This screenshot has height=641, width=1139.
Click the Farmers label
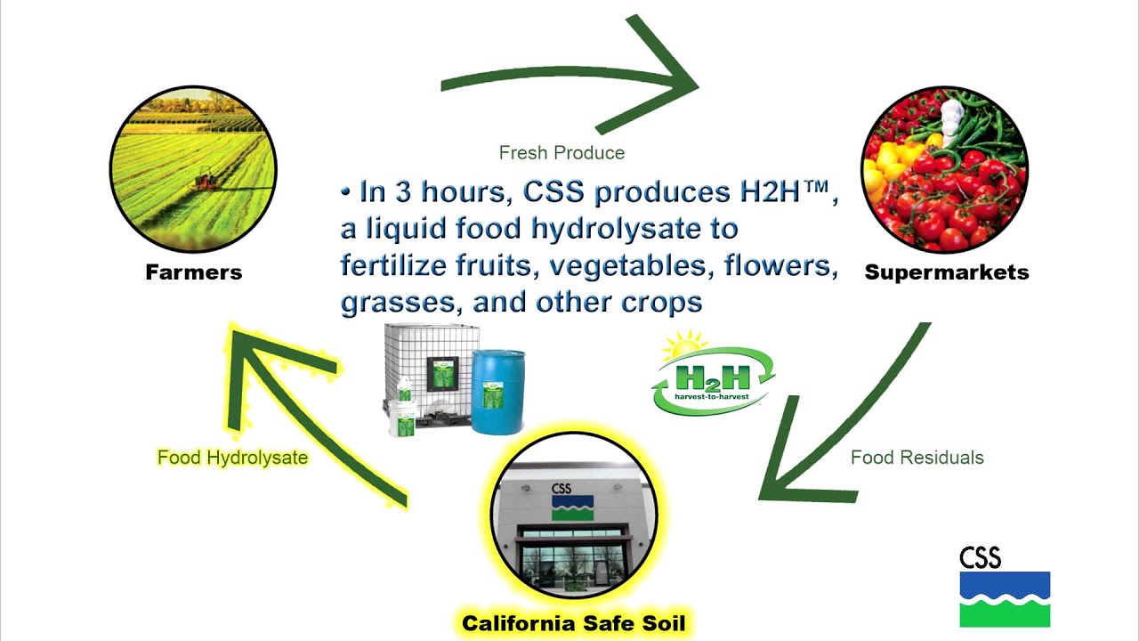(193, 272)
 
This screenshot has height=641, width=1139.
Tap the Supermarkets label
(946, 272)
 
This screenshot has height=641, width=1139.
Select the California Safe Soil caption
(574, 623)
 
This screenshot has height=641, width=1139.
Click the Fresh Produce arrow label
(561, 153)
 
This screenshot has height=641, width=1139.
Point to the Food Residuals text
(917, 458)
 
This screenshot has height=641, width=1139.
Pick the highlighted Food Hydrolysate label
(232, 458)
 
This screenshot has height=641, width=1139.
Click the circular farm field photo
(193, 169)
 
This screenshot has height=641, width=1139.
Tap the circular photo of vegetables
(944, 169)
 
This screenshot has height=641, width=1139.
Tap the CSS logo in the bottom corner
(1004, 587)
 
